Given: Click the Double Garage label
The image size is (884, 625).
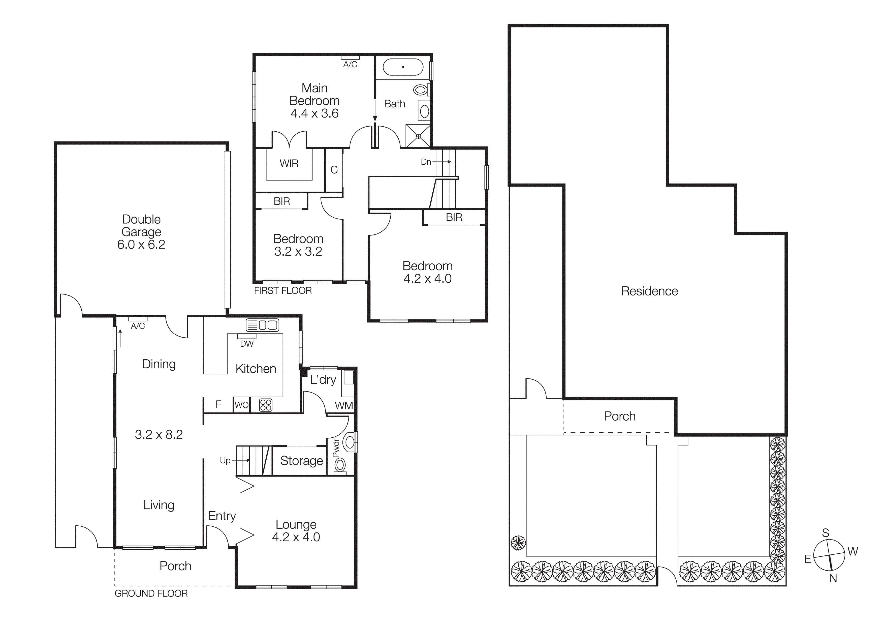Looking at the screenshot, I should (141, 225).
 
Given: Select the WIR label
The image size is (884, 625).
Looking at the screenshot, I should (289, 164).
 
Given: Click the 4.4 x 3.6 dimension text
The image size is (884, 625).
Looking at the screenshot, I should (314, 114).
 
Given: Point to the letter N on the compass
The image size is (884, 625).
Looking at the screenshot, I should (833, 578).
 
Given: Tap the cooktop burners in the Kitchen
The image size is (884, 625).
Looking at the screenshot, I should (266, 405).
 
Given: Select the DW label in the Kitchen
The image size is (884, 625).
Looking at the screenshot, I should (247, 344).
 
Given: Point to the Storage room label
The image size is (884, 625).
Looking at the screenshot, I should (301, 461).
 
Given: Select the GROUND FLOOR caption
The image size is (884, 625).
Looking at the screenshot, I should (151, 593).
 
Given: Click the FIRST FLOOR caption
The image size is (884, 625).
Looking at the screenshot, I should (282, 291).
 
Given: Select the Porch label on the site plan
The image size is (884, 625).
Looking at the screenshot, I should (619, 416).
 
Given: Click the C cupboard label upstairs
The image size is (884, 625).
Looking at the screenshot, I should (334, 170).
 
